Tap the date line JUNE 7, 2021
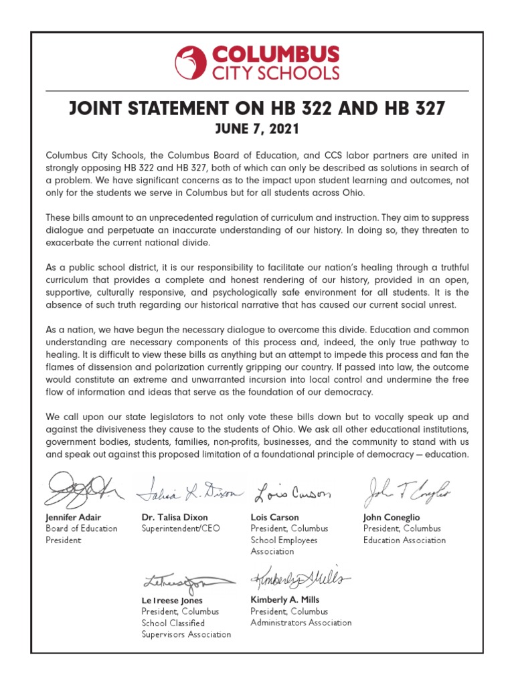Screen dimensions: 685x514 click(256, 128)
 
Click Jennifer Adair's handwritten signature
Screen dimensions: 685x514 click(80, 490)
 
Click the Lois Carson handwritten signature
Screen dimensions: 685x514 click(293, 494)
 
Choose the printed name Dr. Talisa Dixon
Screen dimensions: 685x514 click(175, 517)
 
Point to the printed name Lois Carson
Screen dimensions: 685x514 click(274, 517)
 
